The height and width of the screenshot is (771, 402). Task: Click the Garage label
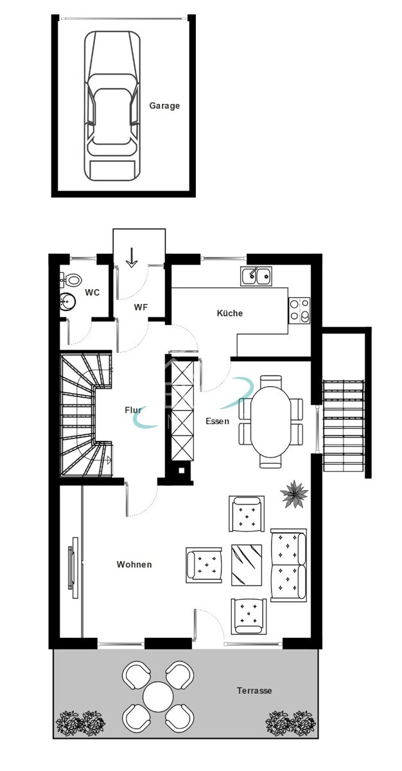click(x=164, y=106)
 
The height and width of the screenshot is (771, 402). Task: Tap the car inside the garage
click(x=112, y=106)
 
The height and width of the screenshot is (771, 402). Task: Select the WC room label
click(x=92, y=292)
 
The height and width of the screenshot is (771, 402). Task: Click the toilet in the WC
click(x=73, y=280)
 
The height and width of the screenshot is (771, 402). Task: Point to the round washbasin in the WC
click(x=67, y=301)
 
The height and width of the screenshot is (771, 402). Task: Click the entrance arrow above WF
click(x=132, y=257)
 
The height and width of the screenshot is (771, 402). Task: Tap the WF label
click(x=141, y=307)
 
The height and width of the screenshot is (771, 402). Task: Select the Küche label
click(x=229, y=313)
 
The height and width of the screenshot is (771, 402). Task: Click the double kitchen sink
click(x=256, y=276)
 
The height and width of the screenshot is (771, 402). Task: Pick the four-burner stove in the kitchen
click(x=299, y=310)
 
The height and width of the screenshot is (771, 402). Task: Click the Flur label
click(x=133, y=409)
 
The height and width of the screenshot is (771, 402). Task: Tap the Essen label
click(x=217, y=421)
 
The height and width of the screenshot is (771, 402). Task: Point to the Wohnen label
click(x=134, y=564)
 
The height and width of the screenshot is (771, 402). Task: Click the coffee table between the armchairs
click(x=246, y=564)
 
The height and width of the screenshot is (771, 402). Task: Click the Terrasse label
click(x=254, y=691)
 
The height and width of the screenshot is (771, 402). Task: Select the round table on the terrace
click(x=158, y=696)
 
